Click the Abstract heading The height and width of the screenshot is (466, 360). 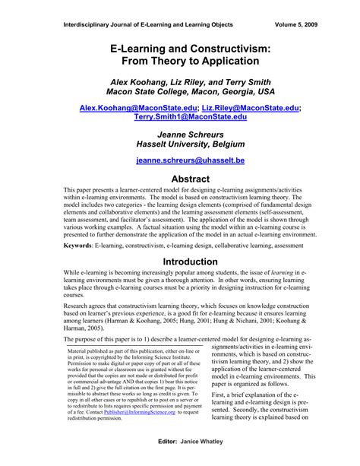click(180, 179)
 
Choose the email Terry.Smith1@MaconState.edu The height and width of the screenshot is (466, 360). click(180, 119)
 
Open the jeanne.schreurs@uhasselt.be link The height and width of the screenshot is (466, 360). click(180, 161)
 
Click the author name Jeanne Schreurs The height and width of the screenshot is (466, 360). click(180, 133)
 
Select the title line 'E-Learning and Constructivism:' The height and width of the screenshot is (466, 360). click(180, 48)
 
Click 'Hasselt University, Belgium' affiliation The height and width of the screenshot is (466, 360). click(180, 144)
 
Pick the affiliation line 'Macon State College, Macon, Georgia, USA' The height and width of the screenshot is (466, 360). click(180, 91)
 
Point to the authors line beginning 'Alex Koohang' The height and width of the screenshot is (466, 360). click(180, 81)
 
